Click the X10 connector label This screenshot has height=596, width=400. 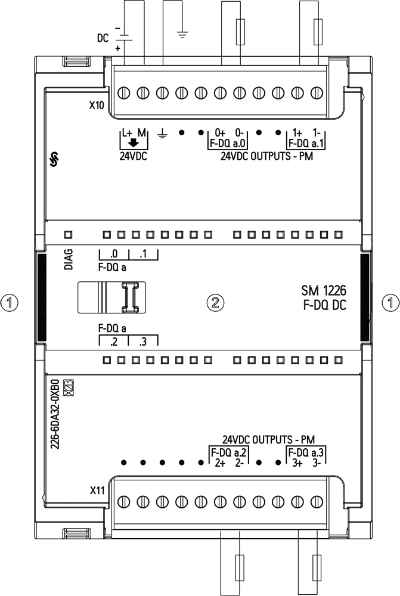click(97, 105)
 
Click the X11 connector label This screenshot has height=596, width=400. click(97, 491)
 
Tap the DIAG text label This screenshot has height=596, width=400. click(69, 260)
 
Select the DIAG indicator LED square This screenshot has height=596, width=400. click(69, 234)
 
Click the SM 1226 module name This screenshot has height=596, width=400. click(324, 291)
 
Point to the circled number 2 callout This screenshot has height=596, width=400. click(215, 303)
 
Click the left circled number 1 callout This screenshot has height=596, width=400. click(10, 303)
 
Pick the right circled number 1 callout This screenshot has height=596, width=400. click(390, 303)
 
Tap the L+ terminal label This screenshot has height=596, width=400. click(127, 133)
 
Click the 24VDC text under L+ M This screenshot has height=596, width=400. click(134, 156)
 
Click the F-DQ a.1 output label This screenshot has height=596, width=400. click(306, 144)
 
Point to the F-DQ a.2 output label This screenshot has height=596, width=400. click(230, 453)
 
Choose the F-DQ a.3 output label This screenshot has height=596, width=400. click(306, 453)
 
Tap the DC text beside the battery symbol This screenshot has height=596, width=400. click(103, 38)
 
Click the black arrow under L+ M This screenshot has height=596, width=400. click(133, 143)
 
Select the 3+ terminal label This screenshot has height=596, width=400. click(297, 463)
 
